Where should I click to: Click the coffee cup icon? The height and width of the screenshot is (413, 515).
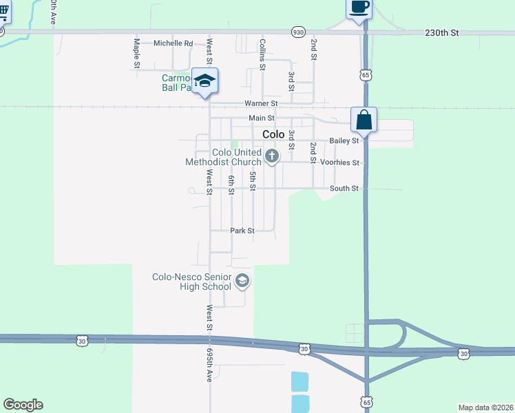click(359, 8)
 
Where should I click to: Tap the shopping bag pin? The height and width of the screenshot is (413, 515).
click(364, 120)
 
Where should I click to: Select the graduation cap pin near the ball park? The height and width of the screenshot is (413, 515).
click(204, 82)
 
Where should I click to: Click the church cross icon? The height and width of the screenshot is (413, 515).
click(272, 156)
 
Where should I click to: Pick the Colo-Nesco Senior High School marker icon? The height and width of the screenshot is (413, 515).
click(242, 280)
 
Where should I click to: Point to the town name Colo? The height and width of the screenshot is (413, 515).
click(273, 135)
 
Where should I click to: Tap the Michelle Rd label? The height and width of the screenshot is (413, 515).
click(173, 43)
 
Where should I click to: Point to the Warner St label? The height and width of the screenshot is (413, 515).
click(261, 103)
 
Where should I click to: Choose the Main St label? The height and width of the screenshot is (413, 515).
click(262, 118)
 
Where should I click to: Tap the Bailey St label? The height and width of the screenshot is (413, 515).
click(344, 140)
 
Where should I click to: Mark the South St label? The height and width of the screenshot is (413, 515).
click(344, 188)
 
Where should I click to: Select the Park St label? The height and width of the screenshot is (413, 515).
click(242, 231)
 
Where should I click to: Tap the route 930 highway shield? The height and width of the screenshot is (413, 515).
click(297, 32)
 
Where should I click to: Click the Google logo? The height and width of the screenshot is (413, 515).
click(23, 405)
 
